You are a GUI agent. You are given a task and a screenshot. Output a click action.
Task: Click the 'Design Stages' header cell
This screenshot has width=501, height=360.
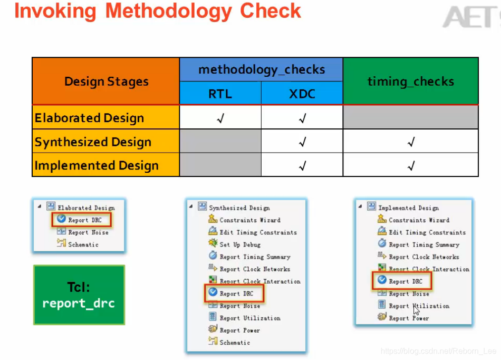(106, 82)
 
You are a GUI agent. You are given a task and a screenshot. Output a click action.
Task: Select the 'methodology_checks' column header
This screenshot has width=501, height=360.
(261, 70)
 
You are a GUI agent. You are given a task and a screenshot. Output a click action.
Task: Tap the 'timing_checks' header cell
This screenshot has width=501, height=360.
(410, 82)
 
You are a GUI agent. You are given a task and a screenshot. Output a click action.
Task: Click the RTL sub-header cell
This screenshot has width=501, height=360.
(220, 94)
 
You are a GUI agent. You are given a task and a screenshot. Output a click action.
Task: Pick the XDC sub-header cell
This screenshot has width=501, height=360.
(302, 94)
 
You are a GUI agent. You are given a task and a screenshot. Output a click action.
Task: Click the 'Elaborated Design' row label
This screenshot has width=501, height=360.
(89, 118)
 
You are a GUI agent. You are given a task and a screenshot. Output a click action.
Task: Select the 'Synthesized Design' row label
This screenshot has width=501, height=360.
(93, 142)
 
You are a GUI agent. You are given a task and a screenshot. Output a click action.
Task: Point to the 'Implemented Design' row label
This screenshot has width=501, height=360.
(97, 165)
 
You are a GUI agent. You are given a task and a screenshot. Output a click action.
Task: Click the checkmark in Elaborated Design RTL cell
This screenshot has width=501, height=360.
(220, 118)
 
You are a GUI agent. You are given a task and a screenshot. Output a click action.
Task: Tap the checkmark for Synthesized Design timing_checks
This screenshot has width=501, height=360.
(410, 142)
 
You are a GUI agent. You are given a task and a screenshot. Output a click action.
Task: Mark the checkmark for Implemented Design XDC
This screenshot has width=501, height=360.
(302, 166)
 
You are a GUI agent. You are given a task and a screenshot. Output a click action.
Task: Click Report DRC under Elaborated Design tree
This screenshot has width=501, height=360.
(85, 220)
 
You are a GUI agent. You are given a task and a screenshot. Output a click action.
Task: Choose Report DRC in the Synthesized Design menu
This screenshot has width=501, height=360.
(236, 294)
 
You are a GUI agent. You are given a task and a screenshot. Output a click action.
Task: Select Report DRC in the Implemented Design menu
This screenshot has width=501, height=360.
(405, 281)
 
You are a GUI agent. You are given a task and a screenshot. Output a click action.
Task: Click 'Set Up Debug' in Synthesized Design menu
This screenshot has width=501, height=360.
(240, 245)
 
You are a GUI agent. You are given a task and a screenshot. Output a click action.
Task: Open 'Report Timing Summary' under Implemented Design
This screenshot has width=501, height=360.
(424, 245)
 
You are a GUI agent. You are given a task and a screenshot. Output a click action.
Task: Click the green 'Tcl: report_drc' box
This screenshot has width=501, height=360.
(79, 295)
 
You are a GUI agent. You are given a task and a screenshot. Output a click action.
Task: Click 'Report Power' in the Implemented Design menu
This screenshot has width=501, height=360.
(409, 318)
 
